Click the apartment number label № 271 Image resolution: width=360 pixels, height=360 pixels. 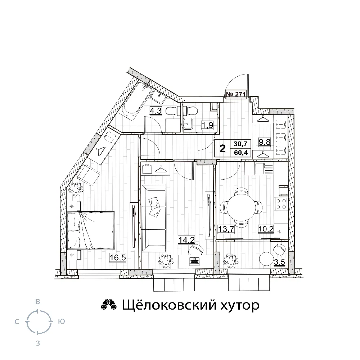coord(236,94)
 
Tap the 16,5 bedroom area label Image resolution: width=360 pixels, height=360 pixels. coord(118,258)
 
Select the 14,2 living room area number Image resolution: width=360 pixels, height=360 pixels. coord(186,240)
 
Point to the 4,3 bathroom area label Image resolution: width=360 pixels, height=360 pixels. coord(156,111)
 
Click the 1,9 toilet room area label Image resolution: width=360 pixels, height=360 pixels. coord(207,125)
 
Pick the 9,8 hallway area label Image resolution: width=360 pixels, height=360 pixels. coord(265,142)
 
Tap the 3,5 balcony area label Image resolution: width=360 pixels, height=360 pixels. coord(280,262)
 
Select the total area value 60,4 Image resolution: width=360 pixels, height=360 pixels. coord(241,152)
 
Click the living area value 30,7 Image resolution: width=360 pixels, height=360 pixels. coord(240,144)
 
